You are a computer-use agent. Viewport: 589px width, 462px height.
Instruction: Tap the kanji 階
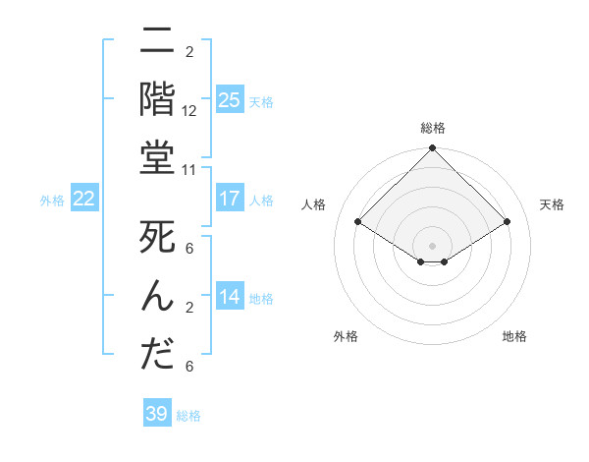(x=157, y=101)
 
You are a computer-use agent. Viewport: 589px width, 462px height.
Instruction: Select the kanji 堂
(x=157, y=158)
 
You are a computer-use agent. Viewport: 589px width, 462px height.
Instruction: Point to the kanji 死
(x=157, y=239)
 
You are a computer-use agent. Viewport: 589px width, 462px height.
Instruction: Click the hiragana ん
(x=157, y=296)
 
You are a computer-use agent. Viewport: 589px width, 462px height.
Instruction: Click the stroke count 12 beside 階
(x=189, y=111)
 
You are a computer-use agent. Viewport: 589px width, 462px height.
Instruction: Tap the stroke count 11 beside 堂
(x=189, y=169)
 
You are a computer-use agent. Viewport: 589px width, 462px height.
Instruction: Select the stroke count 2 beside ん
(x=189, y=308)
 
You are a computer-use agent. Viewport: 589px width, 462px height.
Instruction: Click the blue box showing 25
(x=229, y=99)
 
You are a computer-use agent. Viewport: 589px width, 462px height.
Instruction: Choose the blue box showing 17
(x=229, y=199)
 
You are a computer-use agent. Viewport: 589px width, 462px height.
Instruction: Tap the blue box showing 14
(x=229, y=297)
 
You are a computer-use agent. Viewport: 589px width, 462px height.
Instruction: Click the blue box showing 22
(x=84, y=199)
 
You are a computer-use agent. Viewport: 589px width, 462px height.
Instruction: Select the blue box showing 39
(x=156, y=414)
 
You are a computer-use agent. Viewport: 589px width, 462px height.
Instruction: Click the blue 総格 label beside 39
(x=188, y=416)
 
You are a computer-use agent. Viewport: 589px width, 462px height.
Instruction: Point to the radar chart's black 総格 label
(x=432, y=128)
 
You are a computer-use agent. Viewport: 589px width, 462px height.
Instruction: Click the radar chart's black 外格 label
(x=346, y=336)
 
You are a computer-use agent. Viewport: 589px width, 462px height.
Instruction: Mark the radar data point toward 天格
(x=508, y=222)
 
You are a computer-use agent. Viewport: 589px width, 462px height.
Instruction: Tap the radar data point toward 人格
(x=358, y=222)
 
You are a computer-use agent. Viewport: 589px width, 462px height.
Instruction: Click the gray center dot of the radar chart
(x=432, y=245)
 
